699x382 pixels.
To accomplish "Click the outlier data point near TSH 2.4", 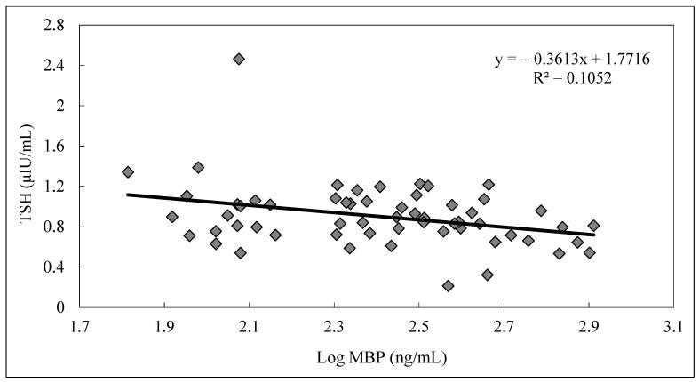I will [x=238, y=59].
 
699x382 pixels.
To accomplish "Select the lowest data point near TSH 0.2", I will [x=449, y=286].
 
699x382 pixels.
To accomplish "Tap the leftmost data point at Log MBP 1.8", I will [x=128, y=172].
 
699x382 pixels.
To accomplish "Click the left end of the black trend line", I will [x=127, y=195].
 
